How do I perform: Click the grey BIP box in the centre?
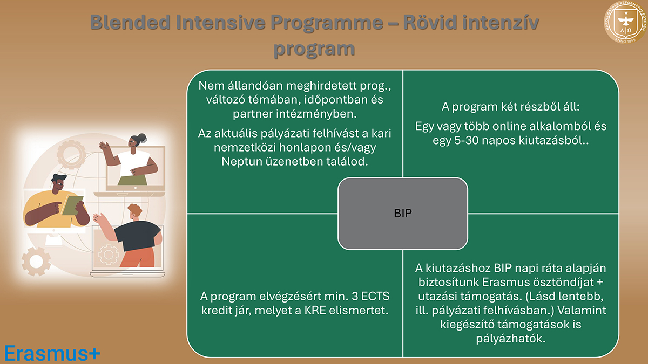pos(403,213)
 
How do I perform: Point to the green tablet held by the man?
pos(73,204)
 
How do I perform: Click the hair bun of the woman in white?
pos(142,138)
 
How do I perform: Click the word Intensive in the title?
pos(213,23)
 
